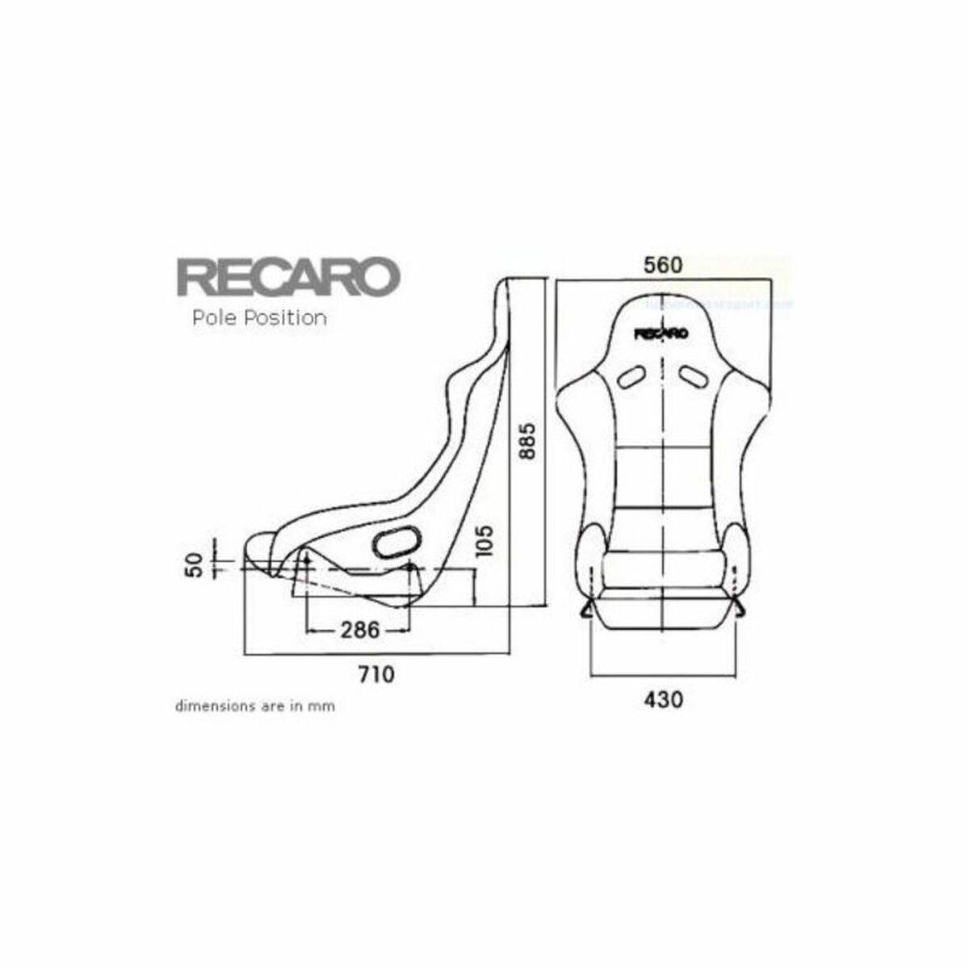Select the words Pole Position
tap(259, 318)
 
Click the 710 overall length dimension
tap(376, 673)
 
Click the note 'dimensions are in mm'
tap(255, 706)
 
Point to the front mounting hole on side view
tap(307, 560)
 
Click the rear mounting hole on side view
tap(409, 568)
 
